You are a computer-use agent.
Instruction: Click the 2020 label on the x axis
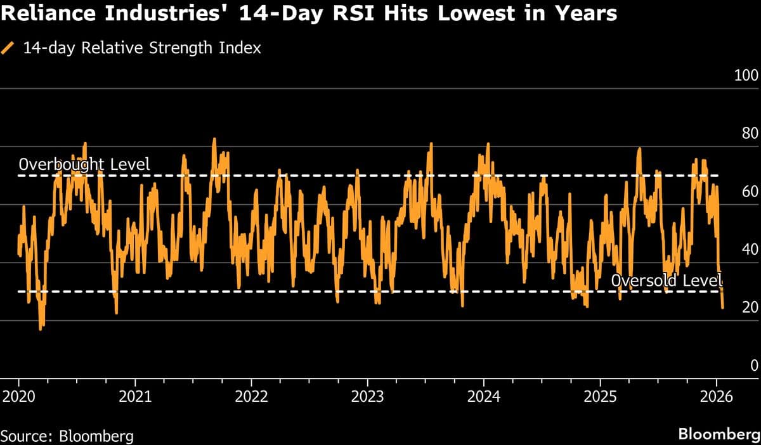point(18,397)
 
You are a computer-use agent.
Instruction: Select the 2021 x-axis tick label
point(134,397)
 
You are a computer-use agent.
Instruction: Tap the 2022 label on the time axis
point(251,397)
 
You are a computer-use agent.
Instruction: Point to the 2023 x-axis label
point(367,397)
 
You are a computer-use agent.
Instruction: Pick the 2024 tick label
point(484,397)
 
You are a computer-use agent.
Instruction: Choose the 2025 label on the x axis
point(600,397)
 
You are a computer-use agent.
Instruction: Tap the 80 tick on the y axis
point(749,134)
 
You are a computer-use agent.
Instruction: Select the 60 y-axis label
point(749,192)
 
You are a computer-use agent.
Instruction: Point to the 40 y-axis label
point(749,250)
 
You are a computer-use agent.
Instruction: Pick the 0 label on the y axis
point(753,366)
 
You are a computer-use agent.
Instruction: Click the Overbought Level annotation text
point(84,165)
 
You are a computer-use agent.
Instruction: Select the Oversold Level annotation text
point(667,280)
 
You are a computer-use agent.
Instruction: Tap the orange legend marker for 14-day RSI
point(9,48)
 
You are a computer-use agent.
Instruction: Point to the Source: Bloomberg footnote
point(67,435)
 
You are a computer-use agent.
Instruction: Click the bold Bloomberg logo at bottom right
point(719,435)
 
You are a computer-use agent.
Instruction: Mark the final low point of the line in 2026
point(723,308)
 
